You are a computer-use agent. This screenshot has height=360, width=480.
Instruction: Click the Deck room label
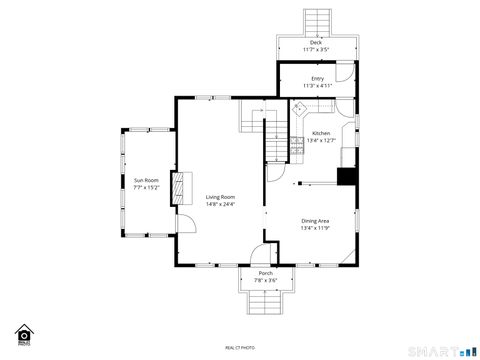coord(316,43)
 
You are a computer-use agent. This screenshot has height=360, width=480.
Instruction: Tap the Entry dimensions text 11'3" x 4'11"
coord(317,86)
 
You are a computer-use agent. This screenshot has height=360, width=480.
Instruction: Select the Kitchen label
coord(321,133)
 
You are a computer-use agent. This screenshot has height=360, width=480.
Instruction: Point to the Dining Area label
coord(315,220)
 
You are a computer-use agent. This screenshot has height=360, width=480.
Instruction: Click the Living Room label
coord(221,197)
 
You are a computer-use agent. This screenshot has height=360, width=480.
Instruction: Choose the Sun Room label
coord(146,180)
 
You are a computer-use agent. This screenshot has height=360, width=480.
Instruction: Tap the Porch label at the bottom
coord(265,273)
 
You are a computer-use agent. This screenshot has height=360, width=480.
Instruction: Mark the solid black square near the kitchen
coord(347,177)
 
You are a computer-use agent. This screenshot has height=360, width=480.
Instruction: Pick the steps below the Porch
coord(265,304)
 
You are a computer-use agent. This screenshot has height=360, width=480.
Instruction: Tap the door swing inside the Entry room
coord(342,74)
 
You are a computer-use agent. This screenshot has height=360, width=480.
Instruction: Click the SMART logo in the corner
coord(441,350)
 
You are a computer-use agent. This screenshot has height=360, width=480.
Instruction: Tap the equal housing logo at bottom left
coord(23,334)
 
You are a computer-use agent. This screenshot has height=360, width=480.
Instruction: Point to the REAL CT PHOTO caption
coord(240,347)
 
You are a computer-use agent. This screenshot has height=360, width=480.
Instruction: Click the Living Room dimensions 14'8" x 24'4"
coord(221,205)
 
